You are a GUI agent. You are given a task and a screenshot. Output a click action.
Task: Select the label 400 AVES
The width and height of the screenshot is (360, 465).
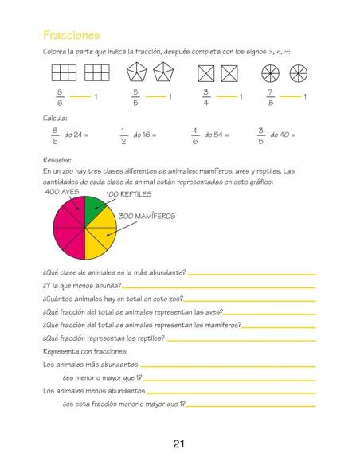click(63, 192)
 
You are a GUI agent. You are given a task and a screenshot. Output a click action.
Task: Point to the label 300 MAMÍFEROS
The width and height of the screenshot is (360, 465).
click(147, 216)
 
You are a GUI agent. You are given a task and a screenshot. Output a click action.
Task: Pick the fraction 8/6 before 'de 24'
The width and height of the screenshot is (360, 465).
click(55, 135)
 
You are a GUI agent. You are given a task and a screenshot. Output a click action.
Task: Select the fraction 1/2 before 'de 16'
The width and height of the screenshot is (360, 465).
click(123, 135)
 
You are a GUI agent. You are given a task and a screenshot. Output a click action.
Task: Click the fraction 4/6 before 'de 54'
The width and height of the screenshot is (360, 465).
click(195, 135)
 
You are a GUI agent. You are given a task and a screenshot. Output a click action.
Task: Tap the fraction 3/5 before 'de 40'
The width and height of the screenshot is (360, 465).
click(260, 135)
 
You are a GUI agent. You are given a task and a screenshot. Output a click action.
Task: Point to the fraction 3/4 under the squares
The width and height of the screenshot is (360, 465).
click(206, 97)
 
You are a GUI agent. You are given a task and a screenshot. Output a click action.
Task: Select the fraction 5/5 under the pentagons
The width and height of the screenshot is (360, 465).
click(136, 97)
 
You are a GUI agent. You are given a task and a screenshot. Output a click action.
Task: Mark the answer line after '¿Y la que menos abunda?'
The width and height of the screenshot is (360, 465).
click(219, 285)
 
